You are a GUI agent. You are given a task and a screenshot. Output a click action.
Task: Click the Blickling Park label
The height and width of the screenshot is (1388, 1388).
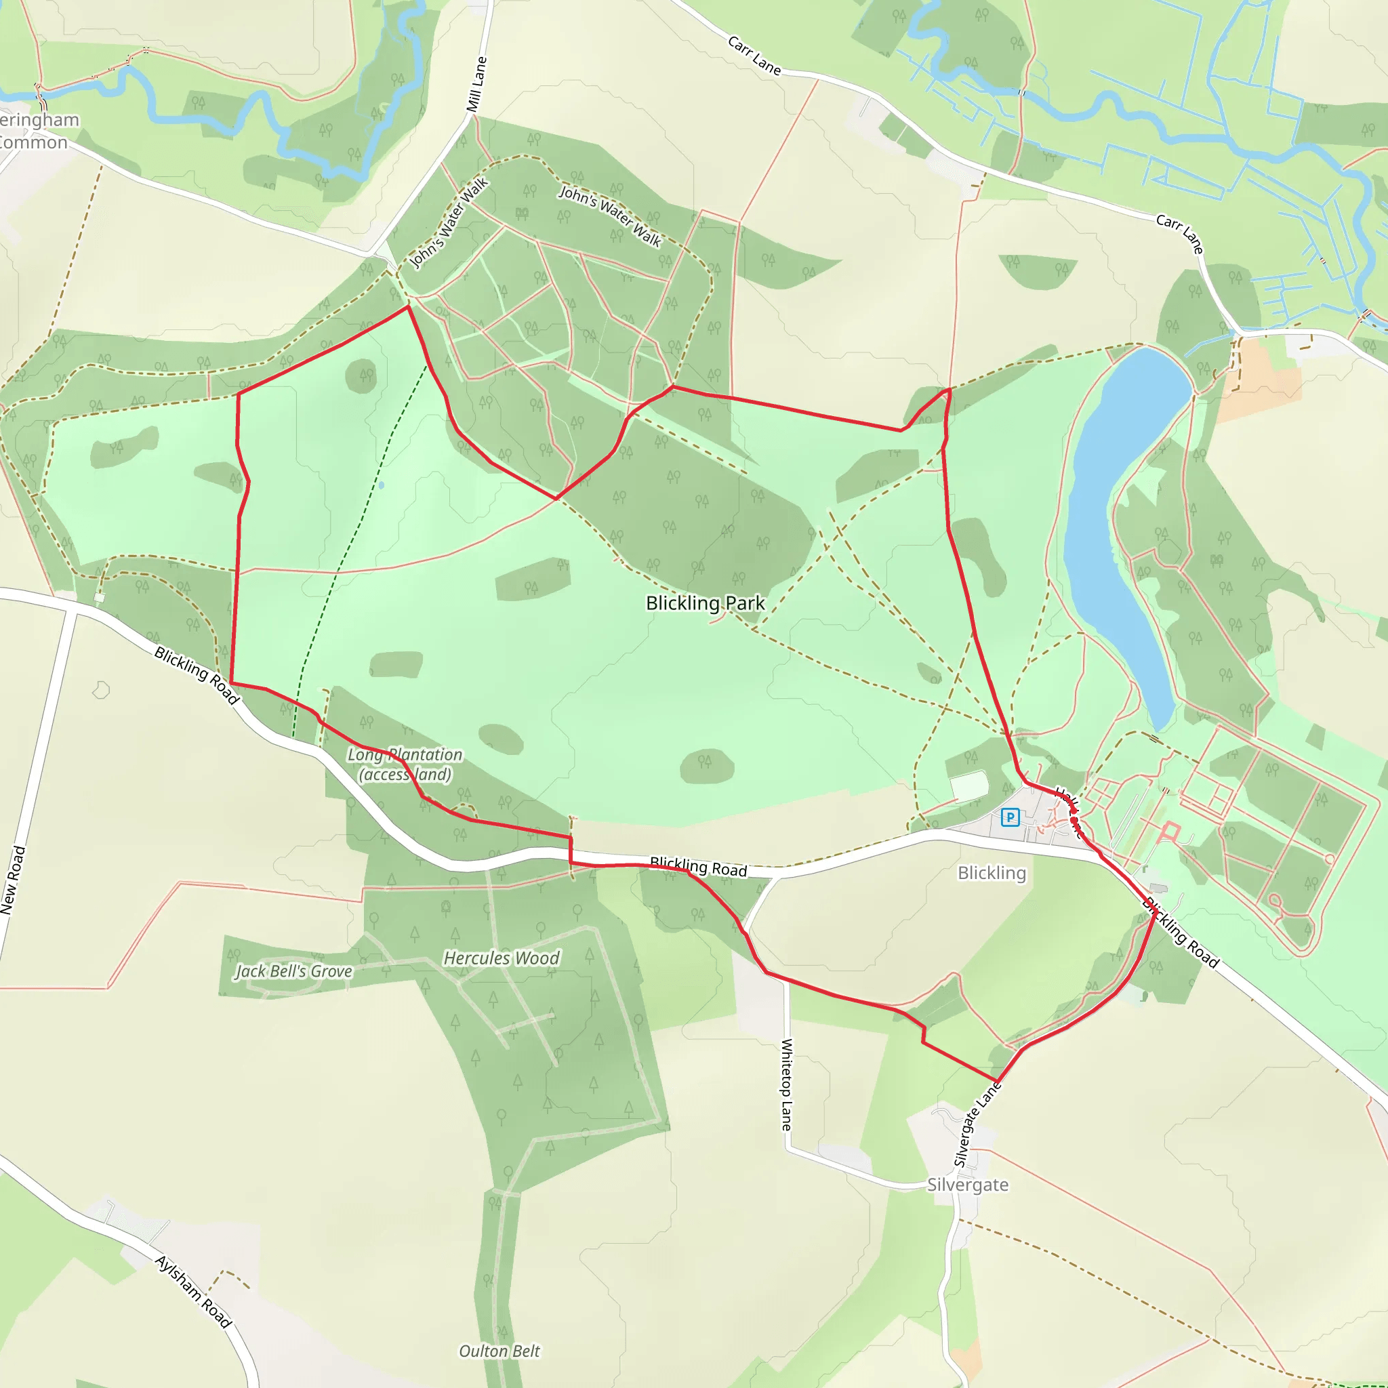pyautogui.click(x=705, y=603)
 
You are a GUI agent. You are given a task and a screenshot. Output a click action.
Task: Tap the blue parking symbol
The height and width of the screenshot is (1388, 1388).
pyautogui.click(x=1010, y=817)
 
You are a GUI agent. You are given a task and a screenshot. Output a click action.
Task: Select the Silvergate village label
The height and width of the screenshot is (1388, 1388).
pyautogui.click(x=967, y=1185)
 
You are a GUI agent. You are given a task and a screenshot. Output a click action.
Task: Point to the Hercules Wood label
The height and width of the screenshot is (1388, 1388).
pyautogui.click(x=501, y=958)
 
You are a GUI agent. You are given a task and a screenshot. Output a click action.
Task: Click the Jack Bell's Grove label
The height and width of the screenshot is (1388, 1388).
pyautogui.click(x=294, y=971)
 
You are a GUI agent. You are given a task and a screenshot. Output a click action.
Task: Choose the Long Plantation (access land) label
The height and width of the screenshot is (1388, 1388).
pyautogui.click(x=405, y=764)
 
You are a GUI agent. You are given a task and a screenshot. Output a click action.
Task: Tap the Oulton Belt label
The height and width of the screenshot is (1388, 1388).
pyautogui.click(x=499, y=1351)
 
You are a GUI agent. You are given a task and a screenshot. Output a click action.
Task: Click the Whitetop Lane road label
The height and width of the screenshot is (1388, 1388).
pyautogui.click(x=787, y=1084)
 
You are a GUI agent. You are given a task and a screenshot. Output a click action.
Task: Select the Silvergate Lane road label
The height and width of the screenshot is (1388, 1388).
pyautogui.click(x=977, y=1124)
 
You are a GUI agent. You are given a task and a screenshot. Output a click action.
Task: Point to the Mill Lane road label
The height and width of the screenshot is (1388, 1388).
pyautogui.click(x=476, y=85)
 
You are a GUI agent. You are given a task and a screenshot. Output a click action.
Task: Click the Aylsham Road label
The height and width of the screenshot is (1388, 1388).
pyautogui.click(x=193, y=1292)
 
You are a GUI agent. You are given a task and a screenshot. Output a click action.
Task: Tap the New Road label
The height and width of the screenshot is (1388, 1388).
pyautogui.click(x=14, y=880)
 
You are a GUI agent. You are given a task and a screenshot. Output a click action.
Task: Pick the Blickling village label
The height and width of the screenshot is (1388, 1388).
pyautogui.click(x=992, y=873)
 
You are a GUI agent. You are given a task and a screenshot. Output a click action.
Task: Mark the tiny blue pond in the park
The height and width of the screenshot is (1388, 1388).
pyautogui.click(x=381, y=486)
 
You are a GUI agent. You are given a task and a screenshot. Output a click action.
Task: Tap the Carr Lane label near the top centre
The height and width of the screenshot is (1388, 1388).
pyautogui.click(x=754, y=56)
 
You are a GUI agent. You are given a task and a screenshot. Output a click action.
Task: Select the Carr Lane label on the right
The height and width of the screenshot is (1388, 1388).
pyautogui.click(x=1179, y=234)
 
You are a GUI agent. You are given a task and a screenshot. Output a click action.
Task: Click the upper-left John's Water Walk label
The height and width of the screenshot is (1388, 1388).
pyautogui.click(x=449, y=222)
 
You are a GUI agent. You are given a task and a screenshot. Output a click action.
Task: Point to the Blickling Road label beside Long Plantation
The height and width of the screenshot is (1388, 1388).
pyautogui.click(x=196, y=675)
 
